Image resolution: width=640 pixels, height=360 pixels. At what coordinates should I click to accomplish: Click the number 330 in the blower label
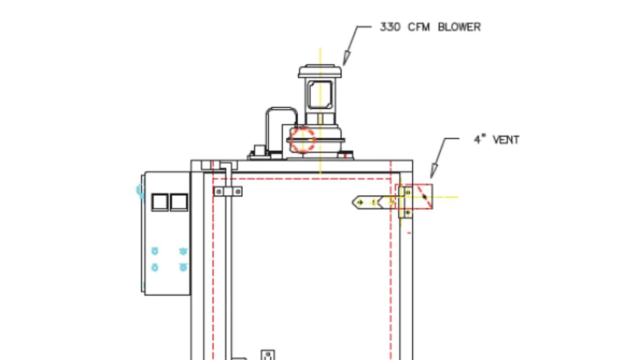tap(390, 27)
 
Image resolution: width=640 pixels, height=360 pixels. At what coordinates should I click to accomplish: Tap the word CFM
tap(419, 27)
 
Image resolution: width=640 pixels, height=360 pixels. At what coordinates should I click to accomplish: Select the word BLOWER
tap(459, 27)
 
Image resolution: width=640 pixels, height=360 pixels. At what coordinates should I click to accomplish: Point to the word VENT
tap(506, 140)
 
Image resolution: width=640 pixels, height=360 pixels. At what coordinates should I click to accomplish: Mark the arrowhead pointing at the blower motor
tap(347, 58)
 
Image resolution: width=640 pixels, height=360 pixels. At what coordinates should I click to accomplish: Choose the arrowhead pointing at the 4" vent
tap(434, 171)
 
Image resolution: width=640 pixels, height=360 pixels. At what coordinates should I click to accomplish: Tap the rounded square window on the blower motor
tap(320, 95)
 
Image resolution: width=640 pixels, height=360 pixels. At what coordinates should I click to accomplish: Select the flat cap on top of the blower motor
tap(319, 71)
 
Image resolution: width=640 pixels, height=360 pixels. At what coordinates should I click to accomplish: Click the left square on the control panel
tap(159, 202)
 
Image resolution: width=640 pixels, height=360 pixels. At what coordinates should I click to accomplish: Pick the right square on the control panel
tap(179, 202)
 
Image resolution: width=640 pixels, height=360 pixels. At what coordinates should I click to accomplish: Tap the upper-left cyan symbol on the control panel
tap(155, 251)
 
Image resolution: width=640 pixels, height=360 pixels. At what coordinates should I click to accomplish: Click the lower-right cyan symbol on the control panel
tap(183, 267)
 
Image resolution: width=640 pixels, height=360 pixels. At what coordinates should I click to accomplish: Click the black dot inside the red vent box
tap(425, 197)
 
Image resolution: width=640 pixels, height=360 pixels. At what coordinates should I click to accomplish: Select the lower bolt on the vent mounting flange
tap(407, 213)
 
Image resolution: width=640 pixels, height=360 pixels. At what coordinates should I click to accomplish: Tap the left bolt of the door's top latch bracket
tap(219, 191)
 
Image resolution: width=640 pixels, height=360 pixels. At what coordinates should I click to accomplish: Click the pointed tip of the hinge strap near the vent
tap(353, 202)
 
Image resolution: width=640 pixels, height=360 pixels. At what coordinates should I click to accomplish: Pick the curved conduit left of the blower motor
tap(282, 108)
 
